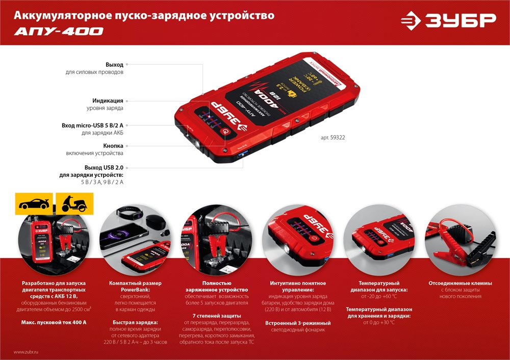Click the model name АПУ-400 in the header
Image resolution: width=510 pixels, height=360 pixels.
coord(59,32)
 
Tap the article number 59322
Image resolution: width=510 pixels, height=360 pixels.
coord(337,138)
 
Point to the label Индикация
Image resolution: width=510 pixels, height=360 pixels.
coord(108,100)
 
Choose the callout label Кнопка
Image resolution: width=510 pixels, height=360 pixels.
coord(113,145)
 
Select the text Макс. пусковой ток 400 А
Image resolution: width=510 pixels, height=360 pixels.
coord(54,322)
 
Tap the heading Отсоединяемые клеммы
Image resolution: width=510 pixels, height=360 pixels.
coord(461,283)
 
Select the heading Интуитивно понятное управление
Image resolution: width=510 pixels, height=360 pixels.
coord(298,286)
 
